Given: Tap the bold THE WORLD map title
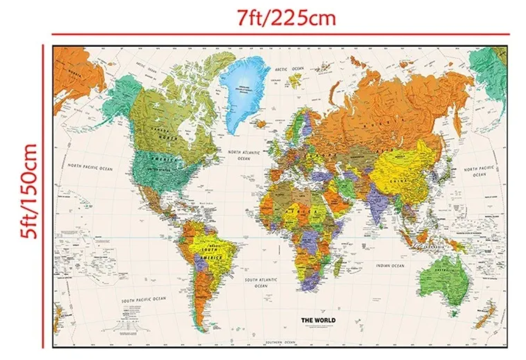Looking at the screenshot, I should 319,320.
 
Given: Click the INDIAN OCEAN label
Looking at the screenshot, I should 389,266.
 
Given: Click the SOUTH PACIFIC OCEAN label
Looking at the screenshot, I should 143,300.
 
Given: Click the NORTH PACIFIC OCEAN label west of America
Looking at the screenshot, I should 90,166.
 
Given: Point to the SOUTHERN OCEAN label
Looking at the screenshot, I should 280,342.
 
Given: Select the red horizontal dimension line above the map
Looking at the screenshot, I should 167,35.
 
